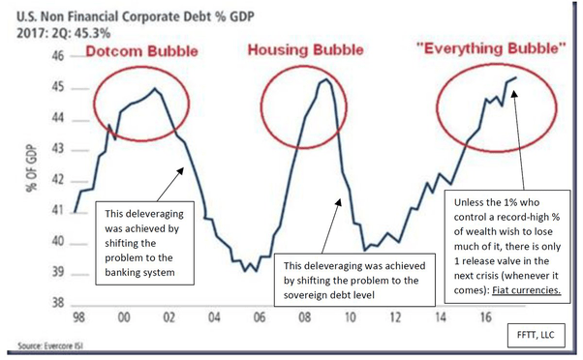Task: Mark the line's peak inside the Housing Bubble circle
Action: click(325, 80)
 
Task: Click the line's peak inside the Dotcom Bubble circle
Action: click(155, 89)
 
